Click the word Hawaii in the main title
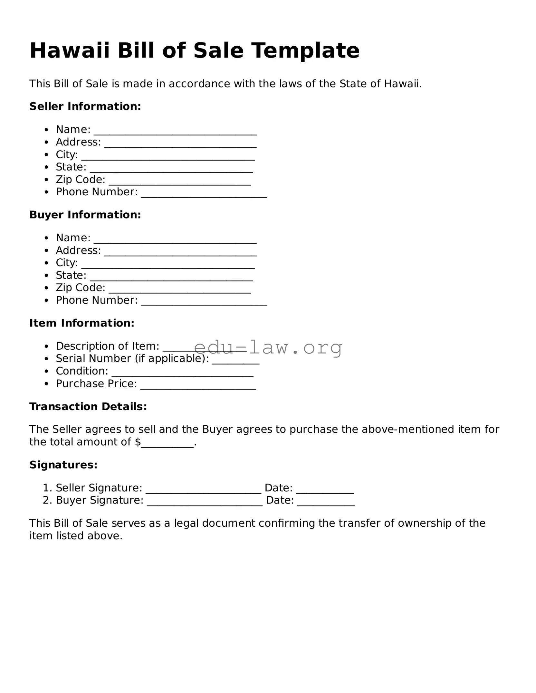pyautogui.click(x=70, y=51)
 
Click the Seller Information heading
pyautogui.click(x=85, y=106)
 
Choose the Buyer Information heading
pyautogui.click(x=85, y=215)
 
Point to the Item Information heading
pyautogui.click(x=82, y=323)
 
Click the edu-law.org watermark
pyautogui.click(x=268, y=347)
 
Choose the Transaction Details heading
pyautogui.click(x=88, y=407)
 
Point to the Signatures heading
pyautogui.click(x=63, y=465)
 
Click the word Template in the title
pyautogui.click(x=305, y=51)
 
